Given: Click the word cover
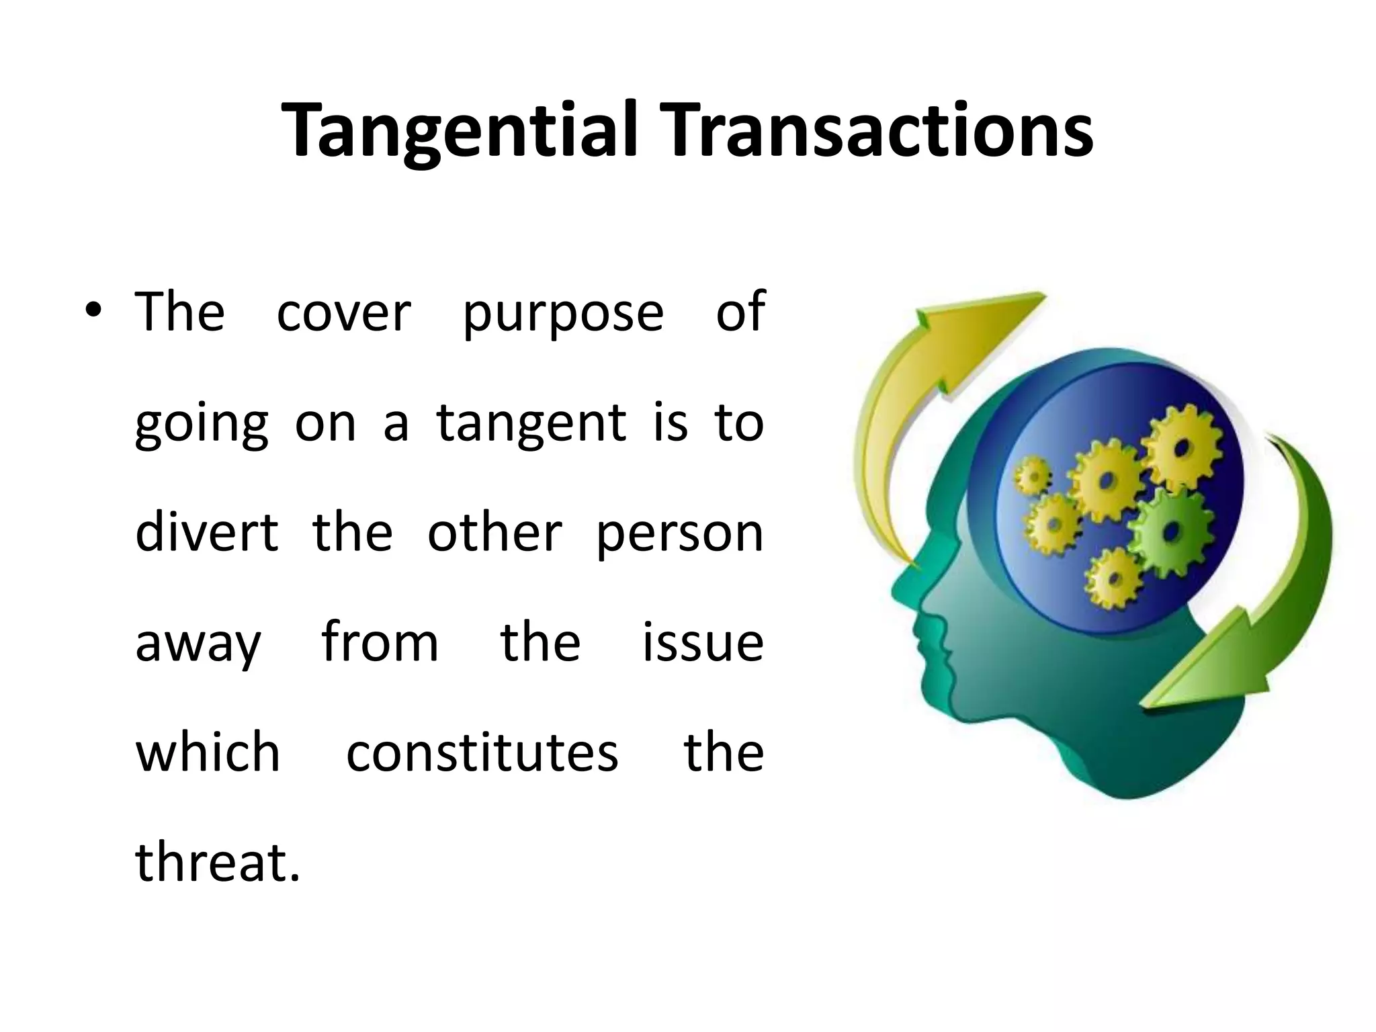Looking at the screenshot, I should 343,313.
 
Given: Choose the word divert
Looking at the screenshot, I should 206,532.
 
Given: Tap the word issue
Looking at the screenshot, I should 703,642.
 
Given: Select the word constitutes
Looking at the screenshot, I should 482,752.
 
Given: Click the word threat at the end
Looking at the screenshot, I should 216,862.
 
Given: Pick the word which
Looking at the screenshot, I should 208,752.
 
